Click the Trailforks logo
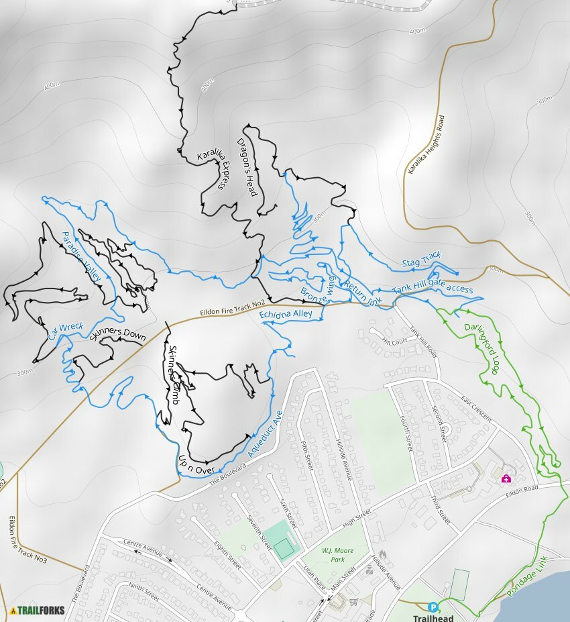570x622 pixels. (x=38, y=611)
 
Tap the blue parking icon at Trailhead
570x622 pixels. (x=433, y=607)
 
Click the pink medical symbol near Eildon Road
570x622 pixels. (x=506, y=478)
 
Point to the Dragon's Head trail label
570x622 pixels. (x=247, y=167)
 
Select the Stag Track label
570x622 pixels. (x=421, y=259)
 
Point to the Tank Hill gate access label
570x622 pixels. (x=433, y=289)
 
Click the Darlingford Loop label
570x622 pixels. (x=481, y=349)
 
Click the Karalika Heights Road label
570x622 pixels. (x=426, y=144)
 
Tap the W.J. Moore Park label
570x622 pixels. (x=337, y=555)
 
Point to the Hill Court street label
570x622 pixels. (x=395, y=341)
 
